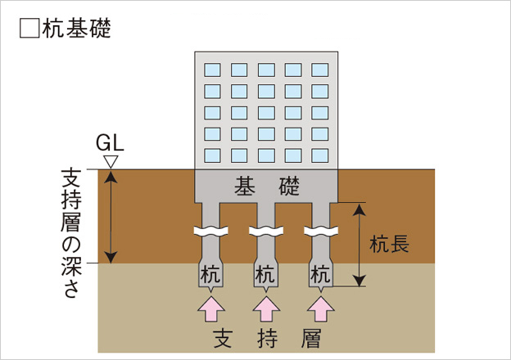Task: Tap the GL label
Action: tap(109, 142)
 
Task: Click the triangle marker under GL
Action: tap(112, 161)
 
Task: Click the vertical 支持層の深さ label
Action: tap(72, 233)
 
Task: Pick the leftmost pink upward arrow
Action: tap(212, 310)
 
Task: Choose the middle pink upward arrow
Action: tap(266, 310)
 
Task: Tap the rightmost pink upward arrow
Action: tap(320, 310)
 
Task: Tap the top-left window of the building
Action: tap(213, 69)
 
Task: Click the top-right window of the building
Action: tap(319, 69)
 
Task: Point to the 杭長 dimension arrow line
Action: tap(359, 244)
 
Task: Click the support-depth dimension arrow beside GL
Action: tap(112, 216)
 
